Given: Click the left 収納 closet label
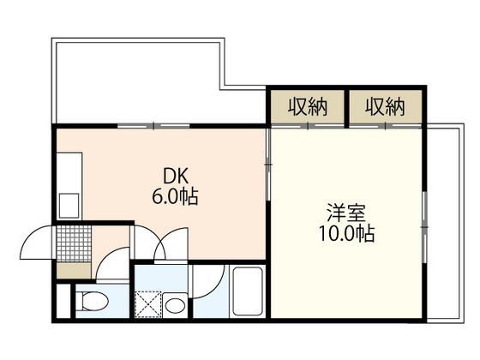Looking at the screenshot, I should point(308,107).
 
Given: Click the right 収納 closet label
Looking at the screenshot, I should point(385,107).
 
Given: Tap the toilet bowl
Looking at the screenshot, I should point(93,303).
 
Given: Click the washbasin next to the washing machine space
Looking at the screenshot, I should point(176,304).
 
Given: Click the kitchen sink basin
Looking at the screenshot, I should point(67,204).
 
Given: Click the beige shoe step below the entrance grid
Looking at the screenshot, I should point(70,271).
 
